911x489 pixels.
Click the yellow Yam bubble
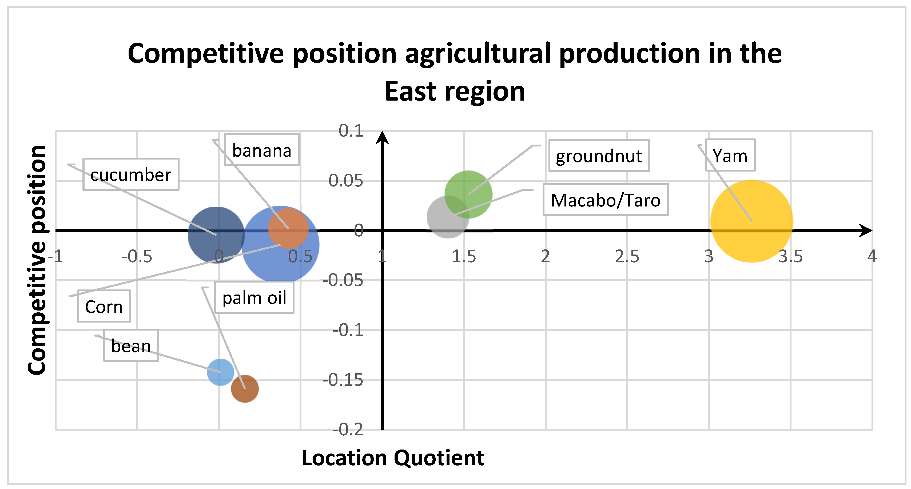[x=751, y=221]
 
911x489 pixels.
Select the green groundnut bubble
[x=468, y=194]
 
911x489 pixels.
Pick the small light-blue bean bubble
[x=220, y=372]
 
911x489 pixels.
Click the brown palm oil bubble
[x=245, y=389]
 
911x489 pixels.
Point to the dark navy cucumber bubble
[x=216, y=235]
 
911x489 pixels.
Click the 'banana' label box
[x=262, y=150]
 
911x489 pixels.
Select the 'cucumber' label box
[x=131, y=174]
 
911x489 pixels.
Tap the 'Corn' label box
[x=104, y=306]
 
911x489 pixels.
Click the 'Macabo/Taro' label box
[x=606, y=200]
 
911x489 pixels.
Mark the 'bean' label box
[x=131, y=345]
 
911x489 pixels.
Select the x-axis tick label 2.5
[x=627, y=256]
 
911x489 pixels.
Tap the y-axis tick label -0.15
[x=343, y=380]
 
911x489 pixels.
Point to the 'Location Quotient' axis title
[x=393, y=458]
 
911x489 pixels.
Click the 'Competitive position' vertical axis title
[x=37, y=260]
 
